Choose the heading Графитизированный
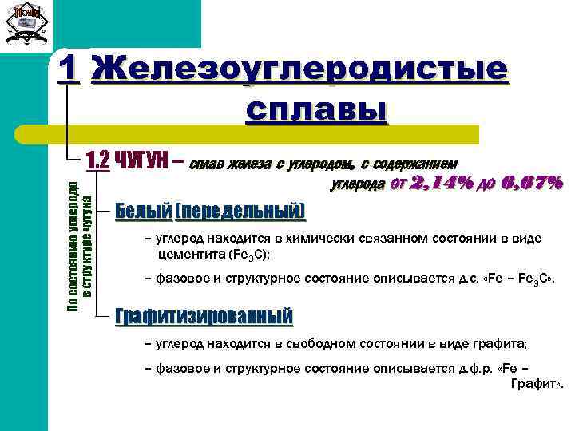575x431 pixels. [204, 316]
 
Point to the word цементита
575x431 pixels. [192, 255]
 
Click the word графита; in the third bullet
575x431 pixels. [502, 345]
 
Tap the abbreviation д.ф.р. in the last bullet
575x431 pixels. [465, 370]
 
